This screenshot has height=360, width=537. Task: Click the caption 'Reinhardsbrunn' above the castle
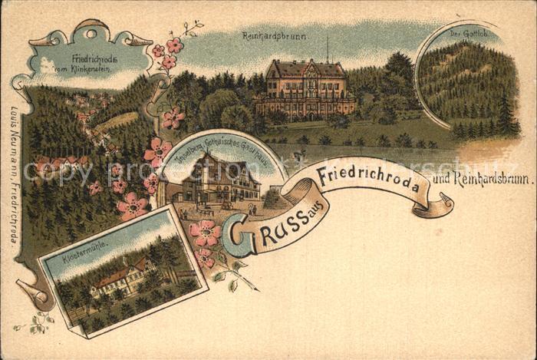[x=275, y=35]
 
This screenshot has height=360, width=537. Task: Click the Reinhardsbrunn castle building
[x=305, y=91]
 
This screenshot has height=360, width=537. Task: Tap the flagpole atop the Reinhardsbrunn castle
[x=328, y=49]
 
